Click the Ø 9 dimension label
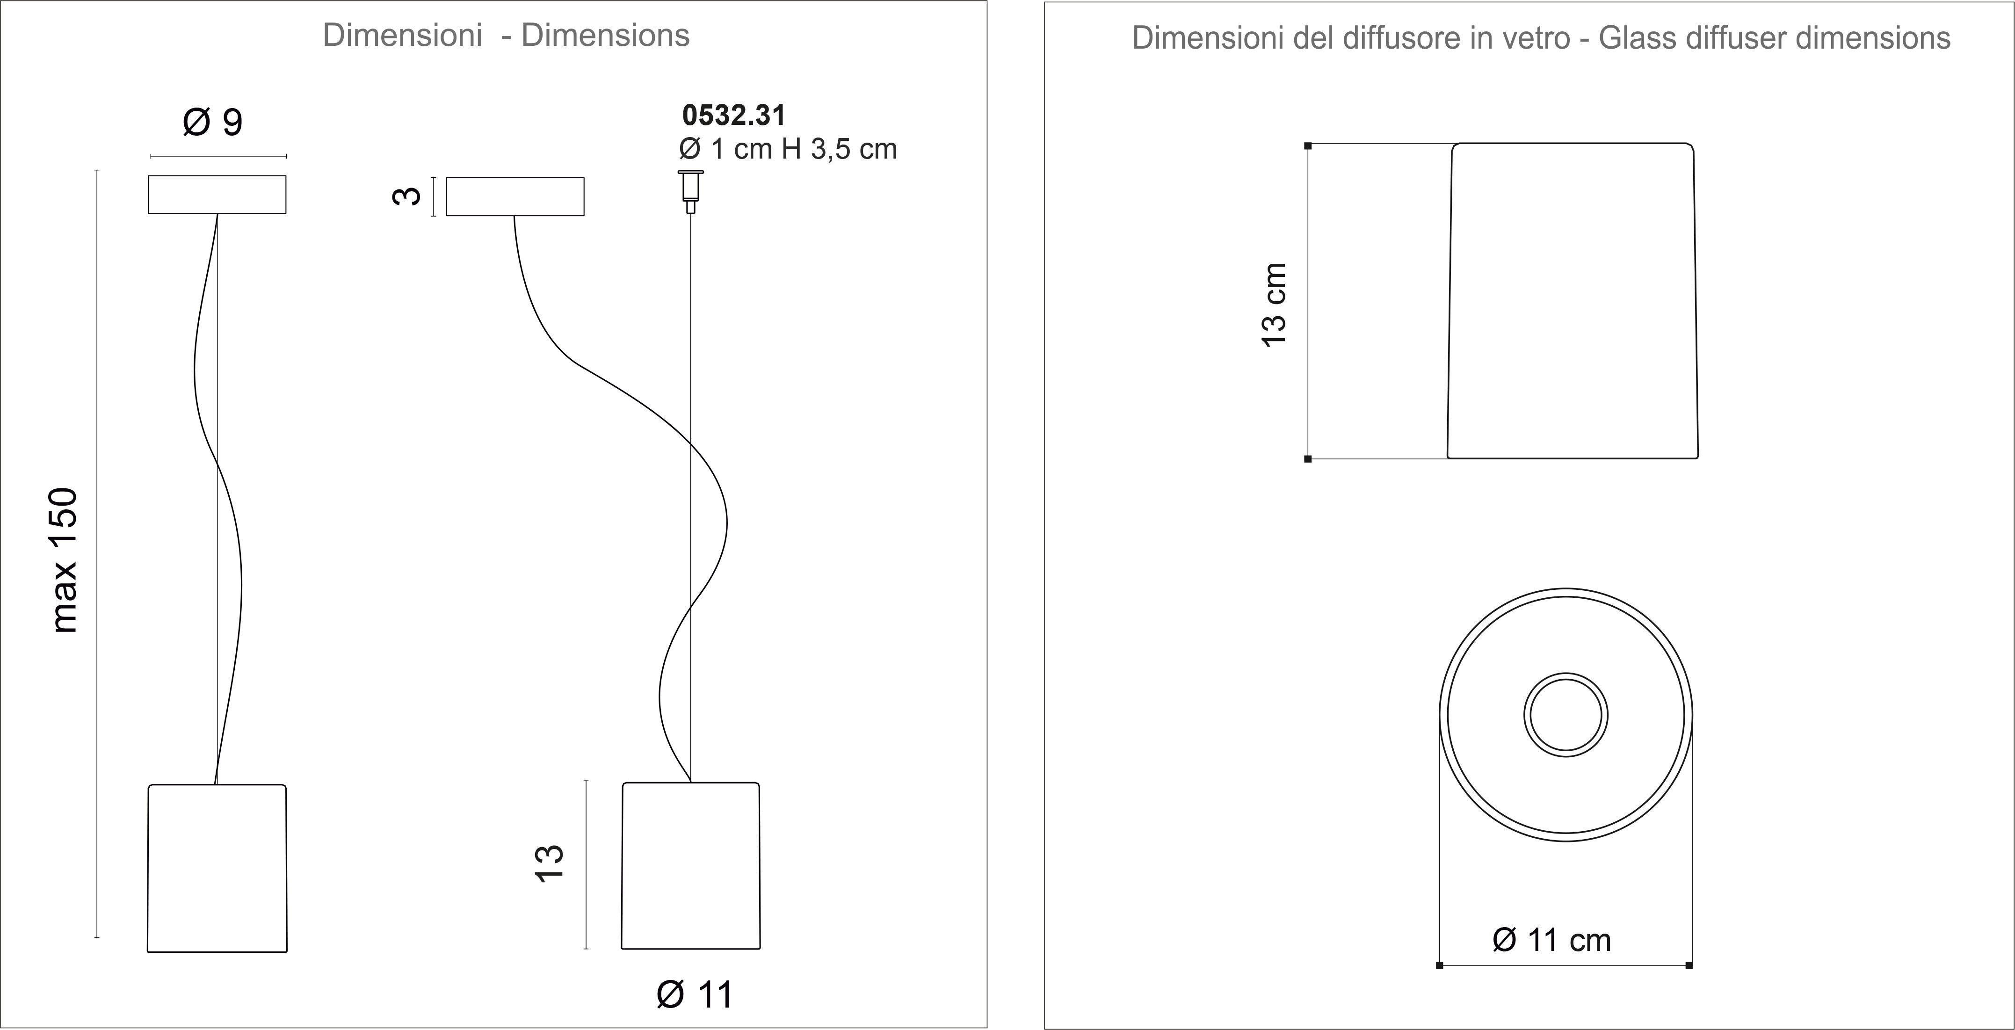point(213,122)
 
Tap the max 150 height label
point(64,560)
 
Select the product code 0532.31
point(734,115)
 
